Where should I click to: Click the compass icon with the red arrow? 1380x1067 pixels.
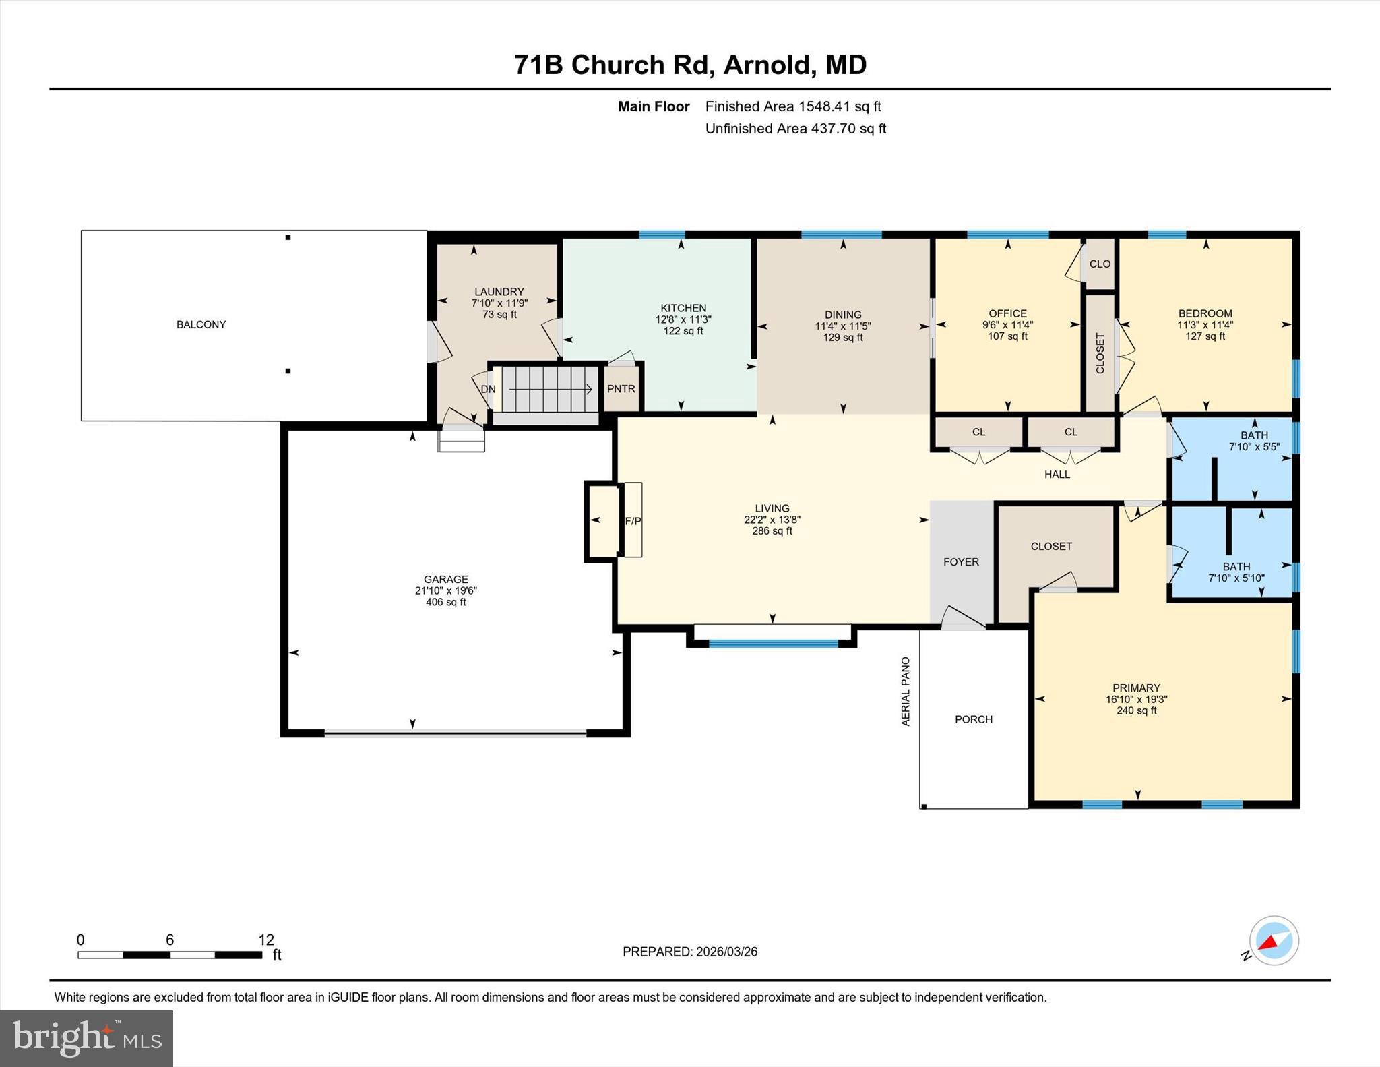[1274, 940]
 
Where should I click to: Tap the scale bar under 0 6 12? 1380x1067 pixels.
[169, 954]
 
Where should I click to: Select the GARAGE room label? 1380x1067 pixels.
[445, 579]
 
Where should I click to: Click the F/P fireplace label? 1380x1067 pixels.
[633, 520]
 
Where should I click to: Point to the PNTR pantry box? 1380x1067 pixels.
[621, 388]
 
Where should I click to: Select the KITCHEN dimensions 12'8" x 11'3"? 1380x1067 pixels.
[683, 319]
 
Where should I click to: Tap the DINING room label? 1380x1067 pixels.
[842, 314]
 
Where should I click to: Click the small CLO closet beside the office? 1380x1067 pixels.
[1100, 264]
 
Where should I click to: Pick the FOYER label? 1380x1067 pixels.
[961, 561]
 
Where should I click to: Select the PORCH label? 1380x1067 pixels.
[973, 719]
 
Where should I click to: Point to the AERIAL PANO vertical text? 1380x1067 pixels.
[906, 691]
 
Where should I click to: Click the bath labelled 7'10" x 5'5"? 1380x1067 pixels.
[1253, 441]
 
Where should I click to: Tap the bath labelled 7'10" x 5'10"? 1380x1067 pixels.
[1236, 572]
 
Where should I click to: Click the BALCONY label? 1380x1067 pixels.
[201, 324]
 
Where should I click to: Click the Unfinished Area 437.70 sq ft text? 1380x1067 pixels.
[795, 128]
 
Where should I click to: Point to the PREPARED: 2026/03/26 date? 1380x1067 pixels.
[689, 952]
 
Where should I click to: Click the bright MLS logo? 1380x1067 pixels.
[86, 1038]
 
